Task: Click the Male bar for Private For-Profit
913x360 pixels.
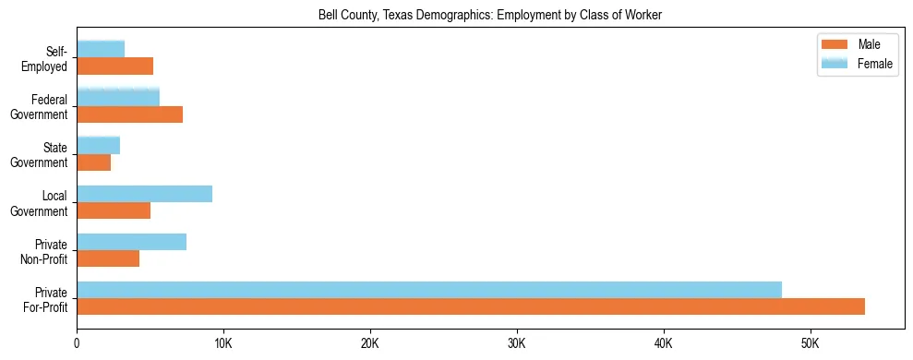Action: [471, 306]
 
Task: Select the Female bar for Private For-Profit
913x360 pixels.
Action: [429, 290]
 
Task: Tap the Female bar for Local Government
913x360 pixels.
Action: [144, 194]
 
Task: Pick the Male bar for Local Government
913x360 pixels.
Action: [114, 210]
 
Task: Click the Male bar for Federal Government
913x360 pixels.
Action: [129, 114]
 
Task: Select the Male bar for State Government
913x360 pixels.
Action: [93, 162]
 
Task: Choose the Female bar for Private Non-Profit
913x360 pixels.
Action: [131, 242]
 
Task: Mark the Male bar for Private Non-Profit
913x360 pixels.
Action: [108, 258]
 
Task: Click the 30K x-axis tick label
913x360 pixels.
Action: [517, 343]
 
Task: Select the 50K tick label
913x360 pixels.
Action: [810, 343]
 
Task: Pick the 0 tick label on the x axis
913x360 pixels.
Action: [77, 343]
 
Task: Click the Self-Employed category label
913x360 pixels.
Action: [49, 58]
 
